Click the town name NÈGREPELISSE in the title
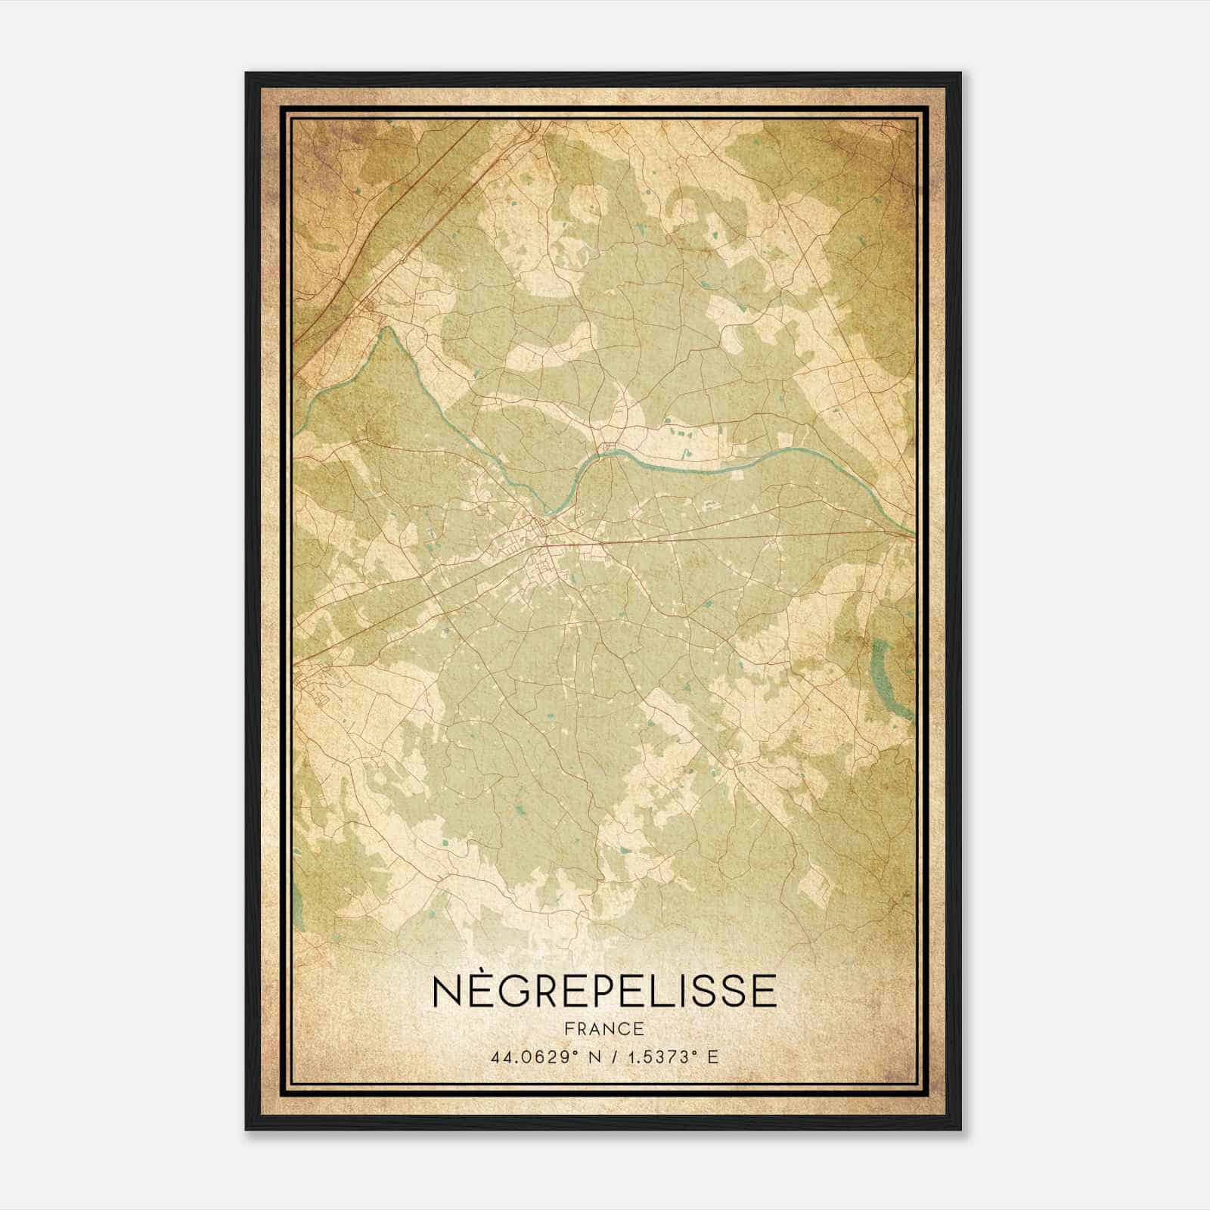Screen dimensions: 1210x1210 [604, 991]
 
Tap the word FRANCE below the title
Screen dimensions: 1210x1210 [604, 1029]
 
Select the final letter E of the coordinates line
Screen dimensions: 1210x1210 [712, 1057]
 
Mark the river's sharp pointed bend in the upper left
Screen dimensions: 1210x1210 [389, 330]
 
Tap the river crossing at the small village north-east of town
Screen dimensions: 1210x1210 [609, 452]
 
